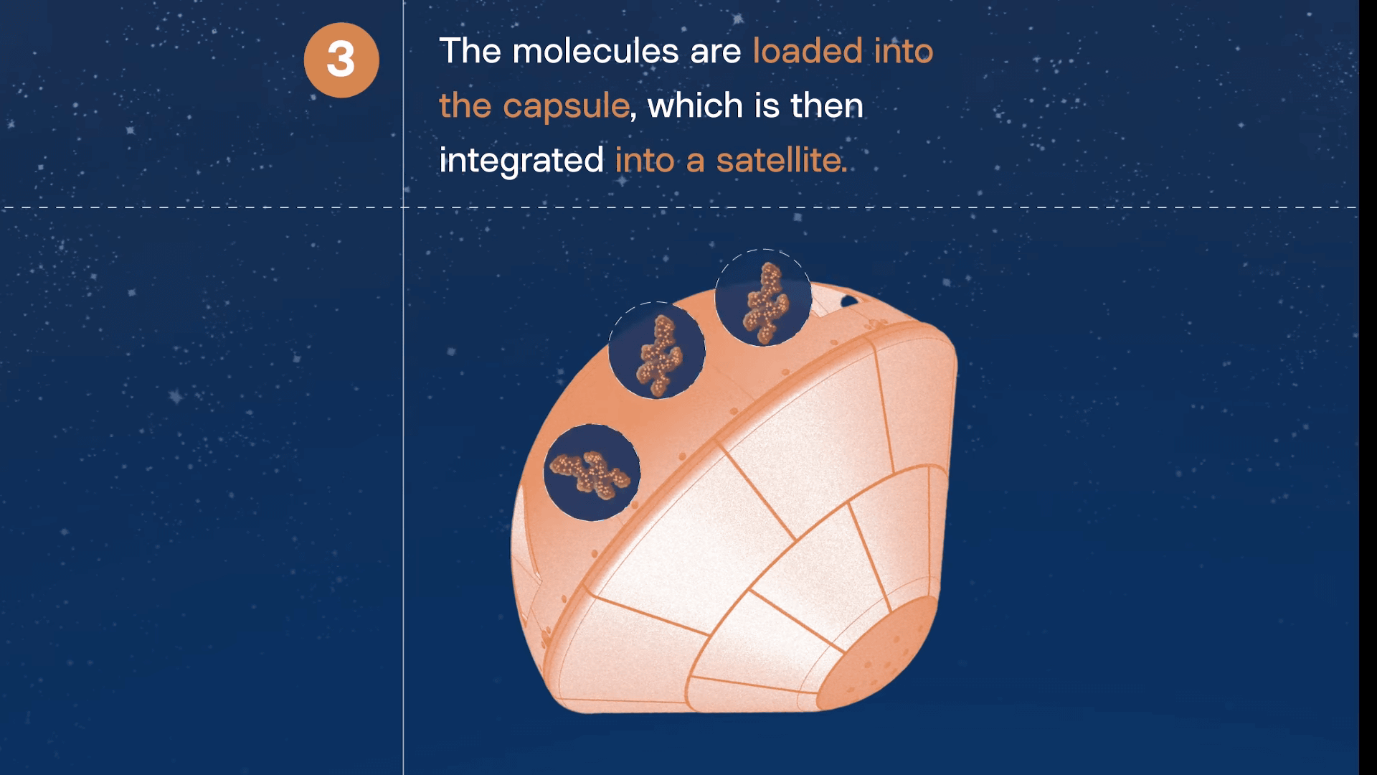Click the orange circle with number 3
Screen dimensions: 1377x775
point(341,60)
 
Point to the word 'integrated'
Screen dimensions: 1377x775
point(521,160)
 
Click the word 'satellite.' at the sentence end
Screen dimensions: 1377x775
point(782,159)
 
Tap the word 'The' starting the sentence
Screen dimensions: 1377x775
point(470,51)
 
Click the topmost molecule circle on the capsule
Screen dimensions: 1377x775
point(764,298)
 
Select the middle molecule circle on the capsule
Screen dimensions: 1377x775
point(657,350)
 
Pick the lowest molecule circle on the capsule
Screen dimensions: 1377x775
point(592,472)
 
